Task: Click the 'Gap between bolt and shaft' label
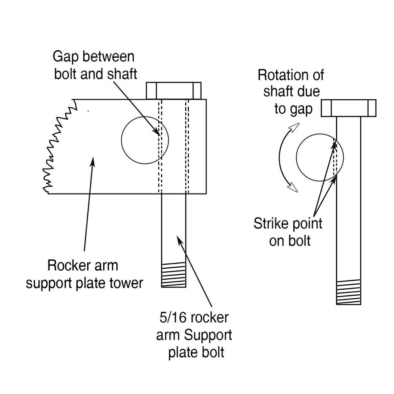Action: point(94,65)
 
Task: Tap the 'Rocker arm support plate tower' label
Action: point(84,274)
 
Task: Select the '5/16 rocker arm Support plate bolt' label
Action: point(193,335)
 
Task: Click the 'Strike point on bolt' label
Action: point(288,232)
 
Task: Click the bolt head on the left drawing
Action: point(174,90)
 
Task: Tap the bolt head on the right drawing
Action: point(349,108)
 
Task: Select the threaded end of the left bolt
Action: point(174,275)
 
